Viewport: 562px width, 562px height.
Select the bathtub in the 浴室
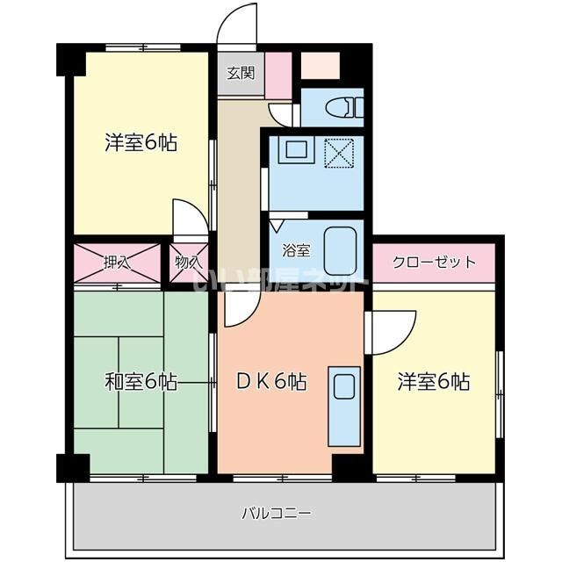342,250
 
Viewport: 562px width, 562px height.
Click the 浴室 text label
295,250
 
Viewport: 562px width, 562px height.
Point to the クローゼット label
434,262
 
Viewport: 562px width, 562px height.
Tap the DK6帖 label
271,382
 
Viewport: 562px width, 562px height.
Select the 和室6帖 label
140,382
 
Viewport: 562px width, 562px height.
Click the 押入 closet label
116,262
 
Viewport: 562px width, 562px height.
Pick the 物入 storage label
188,262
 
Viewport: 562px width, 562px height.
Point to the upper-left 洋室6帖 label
140,142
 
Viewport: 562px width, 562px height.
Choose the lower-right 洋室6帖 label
433,382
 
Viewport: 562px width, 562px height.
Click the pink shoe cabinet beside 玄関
278,76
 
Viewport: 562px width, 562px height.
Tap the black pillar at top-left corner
69,59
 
